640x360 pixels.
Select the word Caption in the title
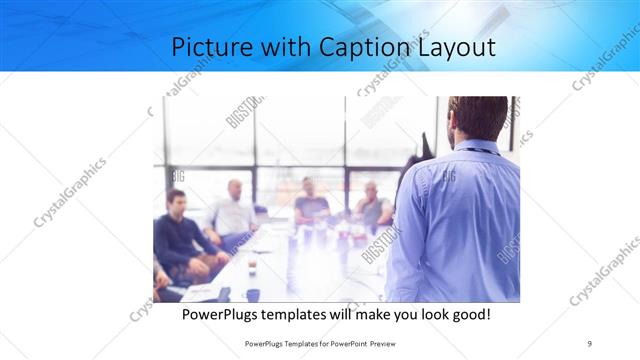(364, 48)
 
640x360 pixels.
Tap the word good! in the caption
(468, 314)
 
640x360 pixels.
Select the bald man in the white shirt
(233, 215)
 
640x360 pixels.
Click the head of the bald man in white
(234, 189)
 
